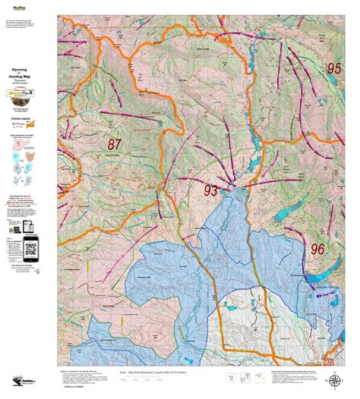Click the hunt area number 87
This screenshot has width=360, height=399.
pyautogui.click(x=115, y=144)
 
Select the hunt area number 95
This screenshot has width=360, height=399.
pyautogui.click(x=334, y=68)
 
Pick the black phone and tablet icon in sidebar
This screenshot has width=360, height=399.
pyautogui.click(x=31, y=209)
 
